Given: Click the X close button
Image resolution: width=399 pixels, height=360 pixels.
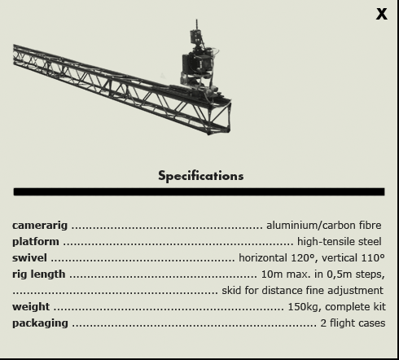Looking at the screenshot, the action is tap(382, 14).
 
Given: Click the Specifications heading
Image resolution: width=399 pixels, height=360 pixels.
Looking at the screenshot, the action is tap(201, 176).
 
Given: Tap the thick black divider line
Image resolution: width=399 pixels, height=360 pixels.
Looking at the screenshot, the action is tap(199, 191).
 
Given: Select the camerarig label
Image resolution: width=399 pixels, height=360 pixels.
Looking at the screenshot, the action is tap(40, 226).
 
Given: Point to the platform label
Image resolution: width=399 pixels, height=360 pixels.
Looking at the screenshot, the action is tap(36, 242).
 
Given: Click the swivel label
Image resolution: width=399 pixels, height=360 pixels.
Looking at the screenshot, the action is tap(29, 257).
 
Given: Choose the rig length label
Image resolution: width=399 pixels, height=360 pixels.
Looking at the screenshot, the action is tap(39, 274).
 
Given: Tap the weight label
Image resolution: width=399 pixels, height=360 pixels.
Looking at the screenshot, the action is tap(31, 307).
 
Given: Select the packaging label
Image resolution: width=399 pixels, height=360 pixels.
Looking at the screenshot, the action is tap(40, 323).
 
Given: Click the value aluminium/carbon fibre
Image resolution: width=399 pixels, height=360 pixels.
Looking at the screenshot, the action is tap(324, 226).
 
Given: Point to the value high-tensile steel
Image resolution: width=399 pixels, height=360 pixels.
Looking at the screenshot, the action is tap(340, 242).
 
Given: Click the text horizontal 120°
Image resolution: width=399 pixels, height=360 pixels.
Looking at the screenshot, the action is tap(278, 258).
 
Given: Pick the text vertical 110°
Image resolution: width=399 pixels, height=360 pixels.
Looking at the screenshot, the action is tap(353, 258).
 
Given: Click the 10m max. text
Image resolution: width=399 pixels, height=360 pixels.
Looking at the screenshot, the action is tap(286, 274).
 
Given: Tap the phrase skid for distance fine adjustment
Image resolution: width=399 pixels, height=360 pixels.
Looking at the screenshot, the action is tap(302, 291).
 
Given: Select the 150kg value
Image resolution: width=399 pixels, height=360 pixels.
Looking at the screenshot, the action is tap(305, 307).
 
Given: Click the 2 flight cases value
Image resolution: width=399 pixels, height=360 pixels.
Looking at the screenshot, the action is tap(353, 323).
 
